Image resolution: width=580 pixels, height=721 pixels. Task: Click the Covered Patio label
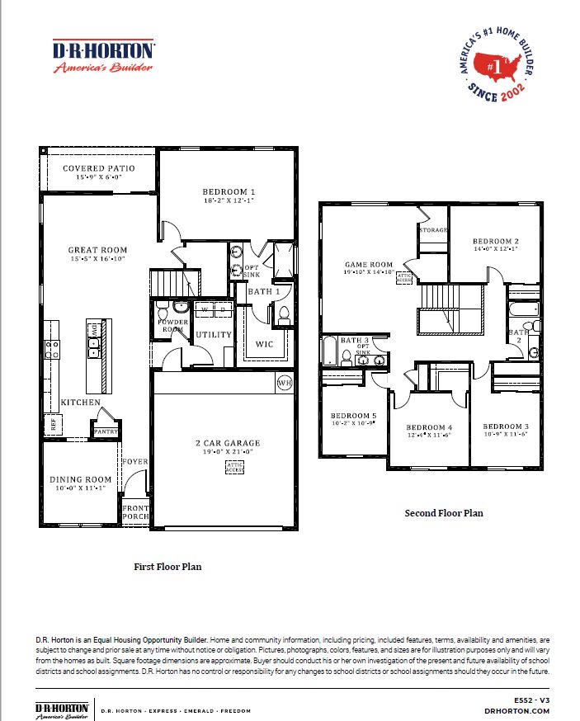[x=98, y=168]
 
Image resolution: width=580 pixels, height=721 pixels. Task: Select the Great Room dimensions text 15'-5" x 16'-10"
[x=97, y=259]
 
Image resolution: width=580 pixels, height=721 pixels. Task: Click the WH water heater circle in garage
[x=285, y=383]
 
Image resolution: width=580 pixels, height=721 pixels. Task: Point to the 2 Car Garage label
[x=223, y=442]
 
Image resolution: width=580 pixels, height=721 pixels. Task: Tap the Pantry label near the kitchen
[x=106, y=431]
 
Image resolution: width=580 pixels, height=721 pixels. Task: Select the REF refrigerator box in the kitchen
[x=54, y=426]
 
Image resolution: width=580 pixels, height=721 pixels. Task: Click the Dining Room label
[x=80, y=479]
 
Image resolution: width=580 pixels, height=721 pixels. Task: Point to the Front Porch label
[x=136, y=511]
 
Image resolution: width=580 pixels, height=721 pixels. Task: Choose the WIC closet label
[x=264, y=343]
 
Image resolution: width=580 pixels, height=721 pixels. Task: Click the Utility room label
[x=212, y=335]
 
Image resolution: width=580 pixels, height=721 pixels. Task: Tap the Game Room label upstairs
[x=368, y=265]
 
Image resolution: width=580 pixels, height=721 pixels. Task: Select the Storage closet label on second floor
[x=434, y=230]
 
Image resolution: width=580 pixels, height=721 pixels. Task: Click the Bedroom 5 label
[x=353, y=416]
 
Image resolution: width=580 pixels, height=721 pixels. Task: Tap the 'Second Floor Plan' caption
[x=443, y=513]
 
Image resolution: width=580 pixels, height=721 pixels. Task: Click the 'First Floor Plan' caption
[x=167, y=567]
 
